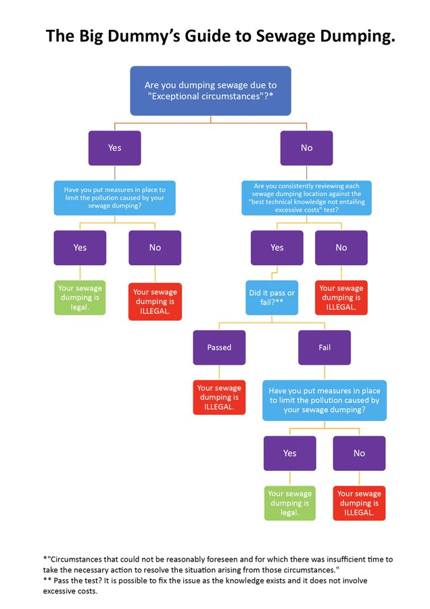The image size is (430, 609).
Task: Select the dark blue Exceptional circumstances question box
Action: pyautogui.click(x=210, y=91)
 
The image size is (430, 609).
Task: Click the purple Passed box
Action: pyautogui.click(x=219, y=348)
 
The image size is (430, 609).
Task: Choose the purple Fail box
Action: pyautogui.click(x=325, y=348)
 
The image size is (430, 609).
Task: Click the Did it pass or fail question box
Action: pyautogui.click(x=272, y=298)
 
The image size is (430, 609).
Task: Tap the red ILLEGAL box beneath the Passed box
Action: pyautogui.click(x=219, y=398)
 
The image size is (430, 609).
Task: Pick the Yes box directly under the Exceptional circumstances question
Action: pyautogui.click(x=115, y=148)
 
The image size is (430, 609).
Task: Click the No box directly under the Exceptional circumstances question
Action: pyautogui.click(x=307, y=148)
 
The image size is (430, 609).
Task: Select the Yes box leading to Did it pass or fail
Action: pyautogui.click(x=277, y=248)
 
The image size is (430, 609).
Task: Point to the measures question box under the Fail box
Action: pyautogui.click(x=325, y=400)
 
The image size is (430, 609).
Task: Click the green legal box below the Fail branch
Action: pyautogui.click(x=290, y=503)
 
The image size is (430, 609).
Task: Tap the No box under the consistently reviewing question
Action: pyautogui.click(x=341, y=248)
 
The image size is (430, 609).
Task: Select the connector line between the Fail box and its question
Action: pyautogui.click(x=325, y=372)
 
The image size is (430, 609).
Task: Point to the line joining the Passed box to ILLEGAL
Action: pyautogui.click(x=219, y=373)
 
